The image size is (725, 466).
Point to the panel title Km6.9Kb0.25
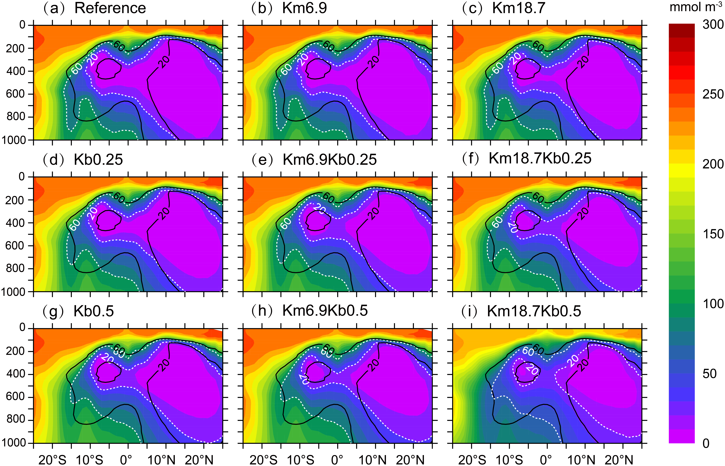(330, 159)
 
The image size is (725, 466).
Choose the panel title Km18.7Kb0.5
(534, 311)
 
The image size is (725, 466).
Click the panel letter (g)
(54, 311)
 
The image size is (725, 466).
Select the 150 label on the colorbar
(713, 234)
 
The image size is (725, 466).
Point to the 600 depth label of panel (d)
(15, 246)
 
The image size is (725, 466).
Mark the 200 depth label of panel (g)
(15, 351)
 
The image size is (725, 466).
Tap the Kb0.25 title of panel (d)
(98, 159)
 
